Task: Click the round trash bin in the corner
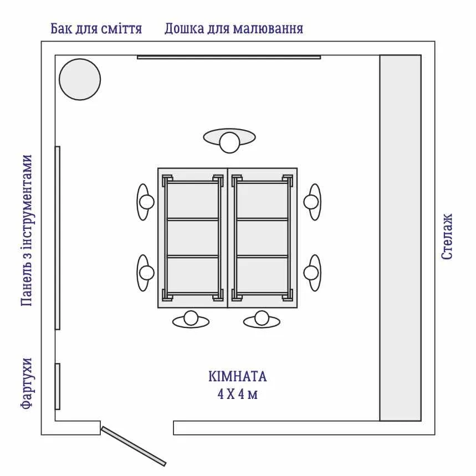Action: point(80,80)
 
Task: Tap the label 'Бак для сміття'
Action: point(96,29)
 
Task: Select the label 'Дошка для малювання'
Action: point(234,29)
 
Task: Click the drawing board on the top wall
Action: point(229,57)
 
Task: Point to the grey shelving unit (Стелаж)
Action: point(401,238)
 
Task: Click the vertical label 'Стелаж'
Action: point(447,237)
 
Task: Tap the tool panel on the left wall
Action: point(58,238)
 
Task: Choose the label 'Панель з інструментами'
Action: point(27,231)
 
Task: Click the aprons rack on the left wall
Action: point(58,386)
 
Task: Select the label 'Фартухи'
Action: point(27,383)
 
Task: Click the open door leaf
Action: point(134,446)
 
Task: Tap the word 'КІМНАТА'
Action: point(238,377)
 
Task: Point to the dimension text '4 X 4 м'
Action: point(238,395)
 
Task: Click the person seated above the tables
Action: point(229,140)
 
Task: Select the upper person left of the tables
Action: point(145,202)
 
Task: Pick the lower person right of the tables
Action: point(312,273)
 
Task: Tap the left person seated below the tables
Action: point(191,319)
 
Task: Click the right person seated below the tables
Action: point(262,319)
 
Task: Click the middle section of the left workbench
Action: point(193,238)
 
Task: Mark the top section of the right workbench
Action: point(262,201)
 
